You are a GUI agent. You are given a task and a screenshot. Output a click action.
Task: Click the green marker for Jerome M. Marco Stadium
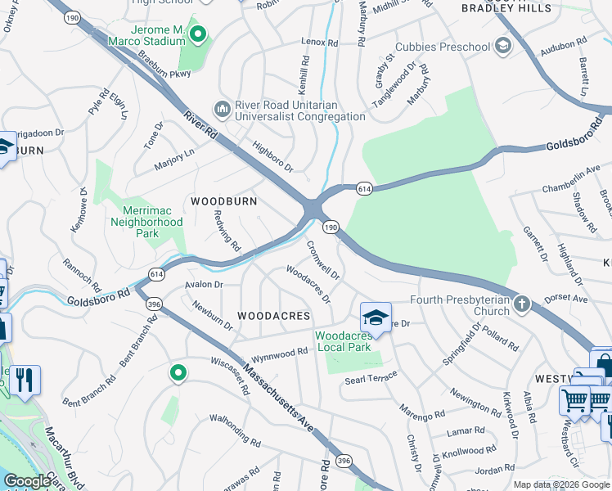click(x=198, y=34)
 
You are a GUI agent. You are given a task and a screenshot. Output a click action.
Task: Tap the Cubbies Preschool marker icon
click(x=502, y=47)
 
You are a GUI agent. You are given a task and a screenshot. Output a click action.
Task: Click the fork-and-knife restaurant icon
click(x=25, y=380)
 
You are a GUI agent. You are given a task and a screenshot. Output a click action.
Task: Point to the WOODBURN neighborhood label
click(x=223, y=200)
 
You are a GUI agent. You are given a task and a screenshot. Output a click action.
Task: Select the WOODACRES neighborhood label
click(x=273, y=316)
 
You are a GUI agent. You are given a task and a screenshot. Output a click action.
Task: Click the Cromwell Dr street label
click(x=322, y=257)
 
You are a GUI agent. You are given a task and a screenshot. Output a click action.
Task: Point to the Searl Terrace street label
click(x=371, y=379)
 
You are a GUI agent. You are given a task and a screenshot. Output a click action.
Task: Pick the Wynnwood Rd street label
click(x=279, y=352)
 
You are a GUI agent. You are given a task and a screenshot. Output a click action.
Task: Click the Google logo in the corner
click(x=28, y=481)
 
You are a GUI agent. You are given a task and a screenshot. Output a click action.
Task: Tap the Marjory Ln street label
click(x=175, y=160)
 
